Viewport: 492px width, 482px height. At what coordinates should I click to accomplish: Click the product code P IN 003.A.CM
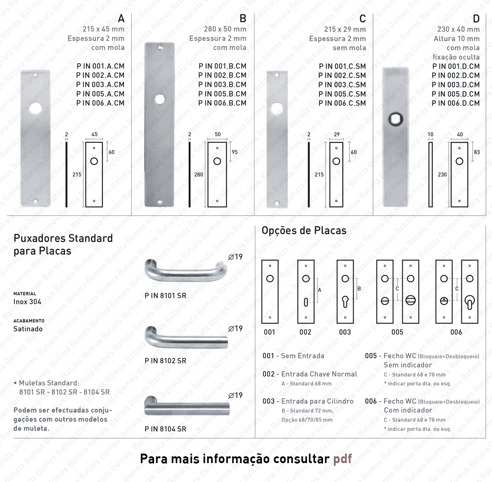coord(100,85)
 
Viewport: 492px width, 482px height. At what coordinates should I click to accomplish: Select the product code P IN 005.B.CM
coord(222,94)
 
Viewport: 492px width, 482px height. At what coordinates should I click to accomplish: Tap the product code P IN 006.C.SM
coord(342,103)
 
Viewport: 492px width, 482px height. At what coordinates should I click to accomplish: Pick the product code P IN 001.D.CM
coord(456,66)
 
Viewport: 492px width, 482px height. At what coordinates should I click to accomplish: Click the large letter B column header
coord(242,18)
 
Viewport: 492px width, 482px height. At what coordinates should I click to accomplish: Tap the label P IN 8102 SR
coord(165,361)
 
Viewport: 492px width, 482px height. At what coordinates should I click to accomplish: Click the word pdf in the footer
coord(342,459)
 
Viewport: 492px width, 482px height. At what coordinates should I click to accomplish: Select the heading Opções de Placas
coord(304,231)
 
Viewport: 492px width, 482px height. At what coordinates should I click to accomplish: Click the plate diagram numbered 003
coord(345,291)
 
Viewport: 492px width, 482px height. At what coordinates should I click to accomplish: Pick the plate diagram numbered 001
coord(270,291)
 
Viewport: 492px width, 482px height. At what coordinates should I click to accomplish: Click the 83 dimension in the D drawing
coord(477,152)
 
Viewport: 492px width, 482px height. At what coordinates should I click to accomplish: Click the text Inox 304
coord(27,302)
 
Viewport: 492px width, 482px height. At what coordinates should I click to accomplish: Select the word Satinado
coord(28,329)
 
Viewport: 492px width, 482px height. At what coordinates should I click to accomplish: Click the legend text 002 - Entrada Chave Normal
coord(310,374)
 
